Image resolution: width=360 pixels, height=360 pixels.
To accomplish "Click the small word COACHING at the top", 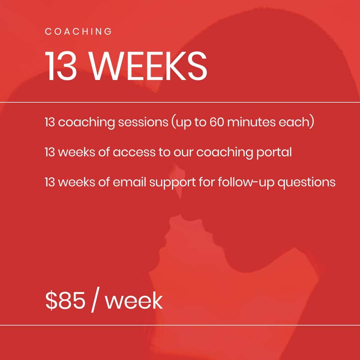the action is pyautogui.click(x=78, y=31).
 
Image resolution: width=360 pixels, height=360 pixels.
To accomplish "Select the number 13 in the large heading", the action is pyautogui.click(x=61, y=66).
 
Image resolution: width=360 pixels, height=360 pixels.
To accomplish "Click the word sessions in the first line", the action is pyautogui.click(x=143, y=122).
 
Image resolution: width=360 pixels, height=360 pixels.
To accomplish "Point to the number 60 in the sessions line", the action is pyautogui.click(x=217, y=122).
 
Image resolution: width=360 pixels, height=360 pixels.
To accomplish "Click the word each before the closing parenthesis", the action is pyautogui.click(x=294, y=122).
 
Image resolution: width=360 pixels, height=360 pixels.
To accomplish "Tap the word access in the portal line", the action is pyautogui.click(x=134, y=152).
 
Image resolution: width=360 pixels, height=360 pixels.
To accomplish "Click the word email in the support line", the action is pyautogui.click(x=129, y=182).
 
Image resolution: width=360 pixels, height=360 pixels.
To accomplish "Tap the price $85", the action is pyautogui.click(x=65, y=300).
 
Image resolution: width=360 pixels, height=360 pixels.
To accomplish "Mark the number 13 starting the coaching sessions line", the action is pyautogui.click(x=50, y=122).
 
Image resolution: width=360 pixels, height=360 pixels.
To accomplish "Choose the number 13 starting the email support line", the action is pyautogui.click(x=50, y=182).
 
